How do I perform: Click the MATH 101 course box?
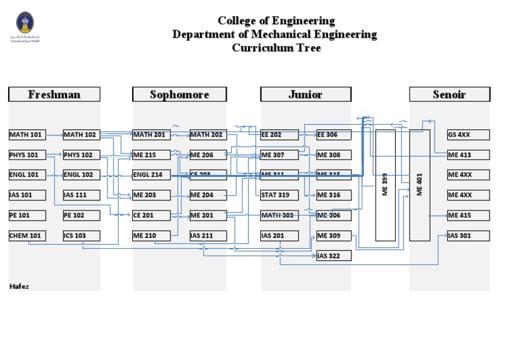pyautogui.click(x=27, y=135)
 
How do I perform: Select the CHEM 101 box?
pyautogui.click(x=27, y=236)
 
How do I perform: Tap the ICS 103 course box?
pyautogui.click(x=82, y=236)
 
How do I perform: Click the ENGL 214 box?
pyautogui.click(x=152, y=175)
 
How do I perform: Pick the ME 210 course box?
pyautogui.click(x=152, y=236)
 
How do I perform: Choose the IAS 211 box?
pyautogui.click(x=207, y=236)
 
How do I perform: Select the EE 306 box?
pyautogui.click(x=333, y=135)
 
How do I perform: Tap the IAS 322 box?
pyautogui.click(x=333, y=256)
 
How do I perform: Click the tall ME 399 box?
pyautogui.click(x=385, y=185)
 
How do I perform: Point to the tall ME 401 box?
pyautogui.click(x=420, y=185)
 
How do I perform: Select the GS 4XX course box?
pyautogui.click(x=468, y=135)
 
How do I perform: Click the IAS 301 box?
pyautogui.click(x=468, y=236)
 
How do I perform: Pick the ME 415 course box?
pyautogui.click(x=468, y=215)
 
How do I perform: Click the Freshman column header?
pyautogui.click(x=54, y=95)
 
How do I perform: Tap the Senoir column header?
pyautogui.click(x=449, y=95)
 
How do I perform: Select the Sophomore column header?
pyautogui.click(x=179, y=95)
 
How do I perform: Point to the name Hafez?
pyautogui.click(x=19, y=286)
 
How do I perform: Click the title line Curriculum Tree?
pyautogui.click(x=276, y=48)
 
